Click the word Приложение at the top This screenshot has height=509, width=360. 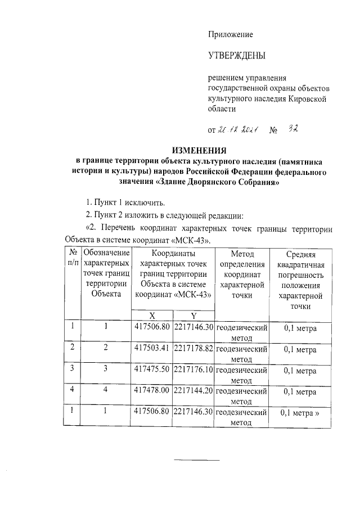231,34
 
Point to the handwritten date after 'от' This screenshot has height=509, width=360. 238,130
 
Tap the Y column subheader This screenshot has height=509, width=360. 193,315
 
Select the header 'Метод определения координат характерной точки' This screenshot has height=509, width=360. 242,274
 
